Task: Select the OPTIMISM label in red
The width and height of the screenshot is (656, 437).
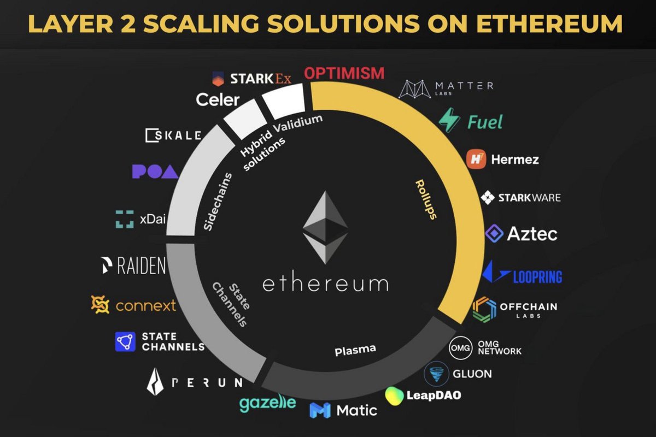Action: [x=344, y=73]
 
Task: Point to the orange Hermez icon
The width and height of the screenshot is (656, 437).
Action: [x=476, y=160]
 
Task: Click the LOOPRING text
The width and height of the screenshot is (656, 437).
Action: [x=537, y=276]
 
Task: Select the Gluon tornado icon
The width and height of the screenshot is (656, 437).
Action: [x=436, y=374]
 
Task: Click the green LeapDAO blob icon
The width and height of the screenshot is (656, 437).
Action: [x=394, y=395]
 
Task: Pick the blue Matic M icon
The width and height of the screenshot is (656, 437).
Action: [x=319, y=410]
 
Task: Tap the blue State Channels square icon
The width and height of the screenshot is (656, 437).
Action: [x=125, y=341]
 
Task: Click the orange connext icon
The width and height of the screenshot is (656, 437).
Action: [x=101, y=305]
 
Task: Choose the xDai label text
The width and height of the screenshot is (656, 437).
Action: [x=152, y=218]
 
